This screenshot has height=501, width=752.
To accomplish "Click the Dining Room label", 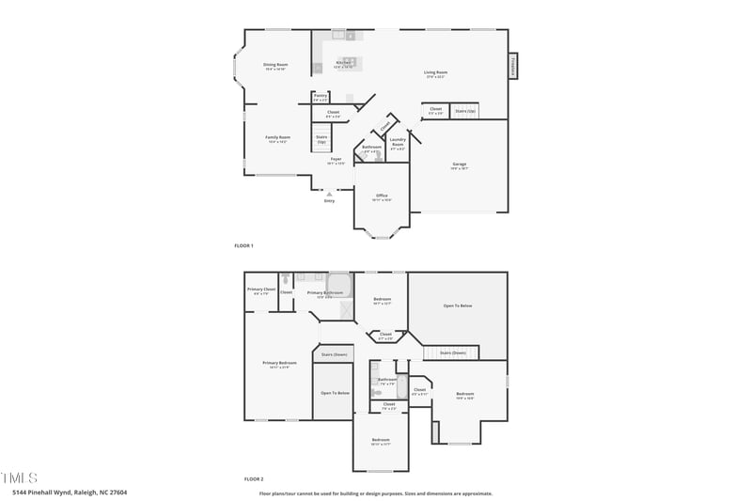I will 275,66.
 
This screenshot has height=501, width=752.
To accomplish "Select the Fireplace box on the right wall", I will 513,65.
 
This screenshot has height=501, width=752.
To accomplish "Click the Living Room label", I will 436,73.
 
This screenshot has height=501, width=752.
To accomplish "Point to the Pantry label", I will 321,96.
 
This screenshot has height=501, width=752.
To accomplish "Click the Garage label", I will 459,165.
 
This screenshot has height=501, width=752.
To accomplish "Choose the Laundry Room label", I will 398,146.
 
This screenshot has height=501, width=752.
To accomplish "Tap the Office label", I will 382,196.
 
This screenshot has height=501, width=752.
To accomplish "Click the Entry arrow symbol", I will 329,194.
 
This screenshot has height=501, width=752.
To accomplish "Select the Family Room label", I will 277,138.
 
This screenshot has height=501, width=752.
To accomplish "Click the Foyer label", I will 336,161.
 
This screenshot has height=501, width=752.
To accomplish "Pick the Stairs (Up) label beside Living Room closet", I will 465,111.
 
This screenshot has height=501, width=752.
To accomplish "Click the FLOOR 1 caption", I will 243,245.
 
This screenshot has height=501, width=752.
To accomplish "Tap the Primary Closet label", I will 261,290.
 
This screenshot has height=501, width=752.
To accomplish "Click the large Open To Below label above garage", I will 458,305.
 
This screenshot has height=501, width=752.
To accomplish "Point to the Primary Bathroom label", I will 325,293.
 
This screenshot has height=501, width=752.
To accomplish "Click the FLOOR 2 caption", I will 243,478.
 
